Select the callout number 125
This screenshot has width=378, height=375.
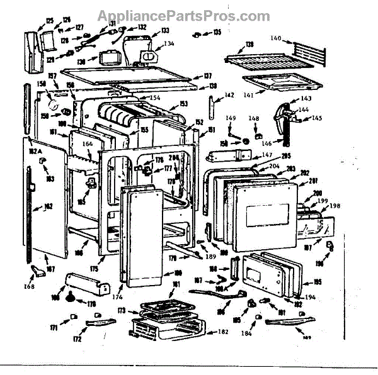coord(50,21)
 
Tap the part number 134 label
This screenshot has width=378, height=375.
coord(169,43)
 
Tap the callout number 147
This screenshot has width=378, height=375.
coord(267,155)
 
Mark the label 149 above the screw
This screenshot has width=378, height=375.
coord(231,118)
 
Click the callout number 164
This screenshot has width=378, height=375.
coord(88,144)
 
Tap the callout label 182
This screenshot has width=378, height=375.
coord(223,332)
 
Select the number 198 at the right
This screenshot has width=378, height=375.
coord(334,205)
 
